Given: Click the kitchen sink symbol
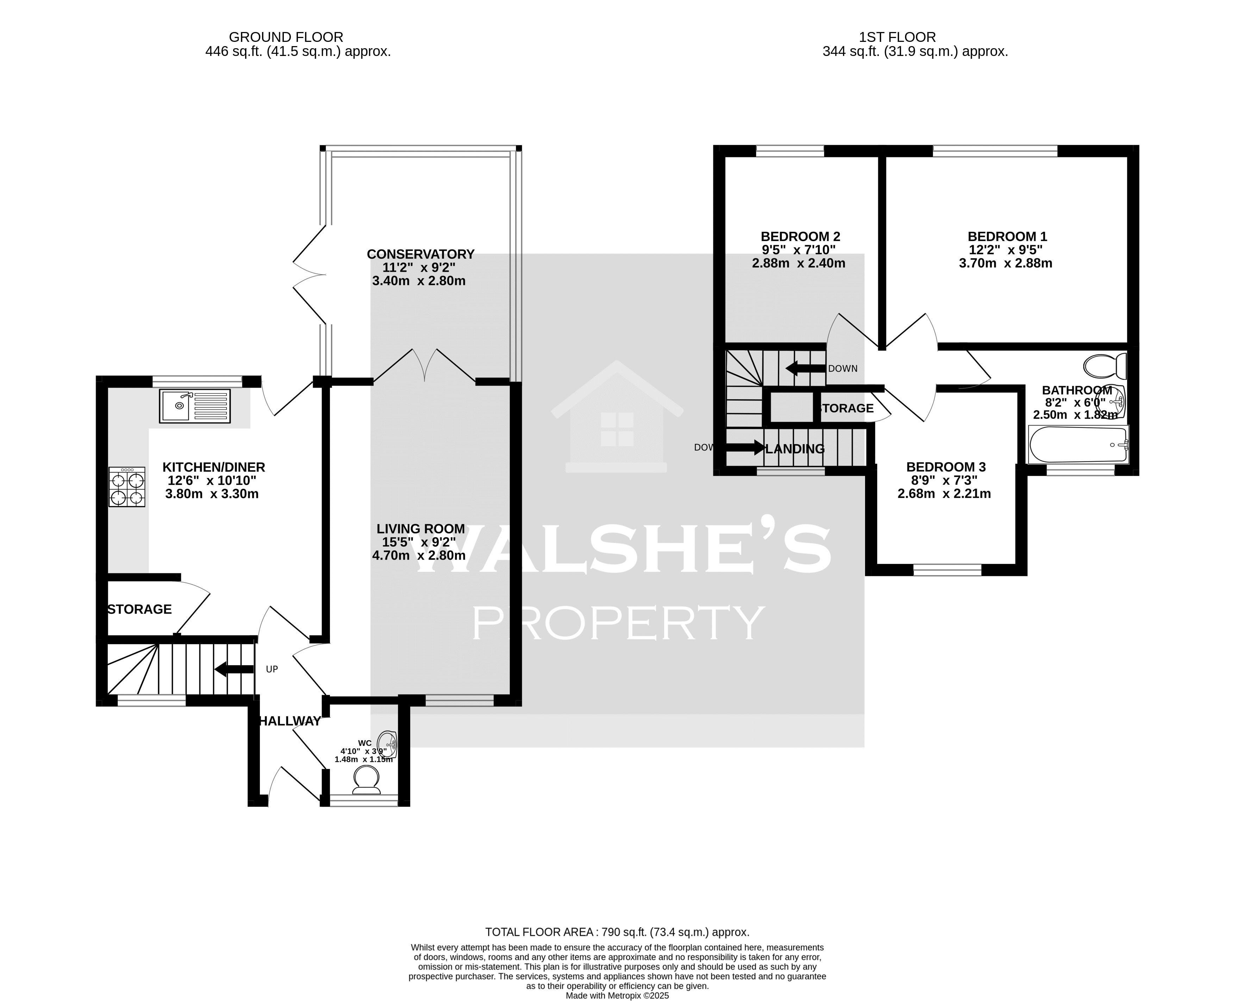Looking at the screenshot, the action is coord(195,405).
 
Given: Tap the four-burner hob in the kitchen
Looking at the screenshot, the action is coord(127,487).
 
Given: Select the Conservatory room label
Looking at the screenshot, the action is coord(420,254).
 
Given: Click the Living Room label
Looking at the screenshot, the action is coord(420,529).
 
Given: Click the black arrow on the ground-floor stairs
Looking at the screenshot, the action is coord(233,669).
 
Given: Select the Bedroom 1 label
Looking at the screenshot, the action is coord(1007,237).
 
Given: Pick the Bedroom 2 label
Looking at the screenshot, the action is coord(800,237).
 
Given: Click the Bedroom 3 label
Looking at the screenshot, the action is coord(946,467).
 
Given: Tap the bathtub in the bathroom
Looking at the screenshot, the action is coord(1078,444).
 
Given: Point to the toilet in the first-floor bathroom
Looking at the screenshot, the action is coord(1105,366).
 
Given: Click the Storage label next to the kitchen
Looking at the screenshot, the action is coord(139,610).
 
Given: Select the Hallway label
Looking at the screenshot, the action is coord(289,721).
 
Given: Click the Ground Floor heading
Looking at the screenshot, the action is coord(286,37).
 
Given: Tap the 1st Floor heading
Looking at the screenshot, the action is coord(897,37).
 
